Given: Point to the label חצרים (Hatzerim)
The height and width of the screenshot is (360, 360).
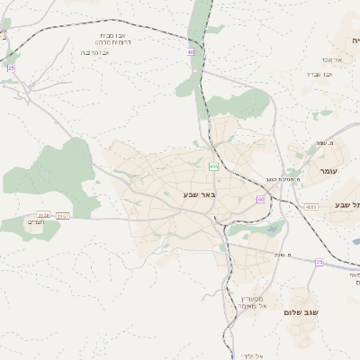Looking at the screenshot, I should (x=36, y=221).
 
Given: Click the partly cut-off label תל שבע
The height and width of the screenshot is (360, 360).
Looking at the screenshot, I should (x=346, y=206).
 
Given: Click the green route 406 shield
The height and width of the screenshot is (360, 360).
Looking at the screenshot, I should (x=213, y=166).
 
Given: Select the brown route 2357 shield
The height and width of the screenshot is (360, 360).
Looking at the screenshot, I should (x=63, y=216).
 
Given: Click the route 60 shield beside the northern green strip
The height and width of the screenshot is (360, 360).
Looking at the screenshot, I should (x=191, y=53).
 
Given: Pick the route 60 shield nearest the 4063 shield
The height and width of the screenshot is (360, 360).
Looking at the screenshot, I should (x=260, y=199).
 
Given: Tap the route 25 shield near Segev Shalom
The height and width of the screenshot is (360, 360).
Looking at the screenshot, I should (x=319, y=262).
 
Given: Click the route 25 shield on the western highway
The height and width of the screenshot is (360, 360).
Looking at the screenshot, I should (x=11, y=67).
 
